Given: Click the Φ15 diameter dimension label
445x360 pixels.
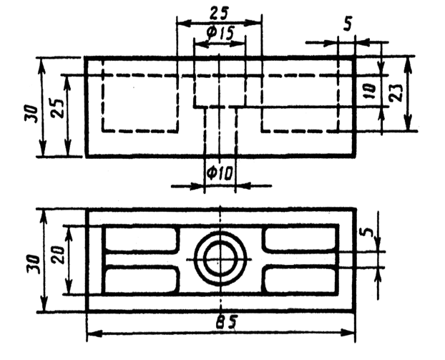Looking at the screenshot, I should (219, 33).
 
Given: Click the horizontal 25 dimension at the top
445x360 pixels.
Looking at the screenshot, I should (219, 12).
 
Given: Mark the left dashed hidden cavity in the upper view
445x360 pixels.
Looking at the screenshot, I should (140, 102).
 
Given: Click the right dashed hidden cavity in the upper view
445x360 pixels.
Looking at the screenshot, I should (300, 102).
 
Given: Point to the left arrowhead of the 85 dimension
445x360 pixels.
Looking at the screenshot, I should (90, 333).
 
